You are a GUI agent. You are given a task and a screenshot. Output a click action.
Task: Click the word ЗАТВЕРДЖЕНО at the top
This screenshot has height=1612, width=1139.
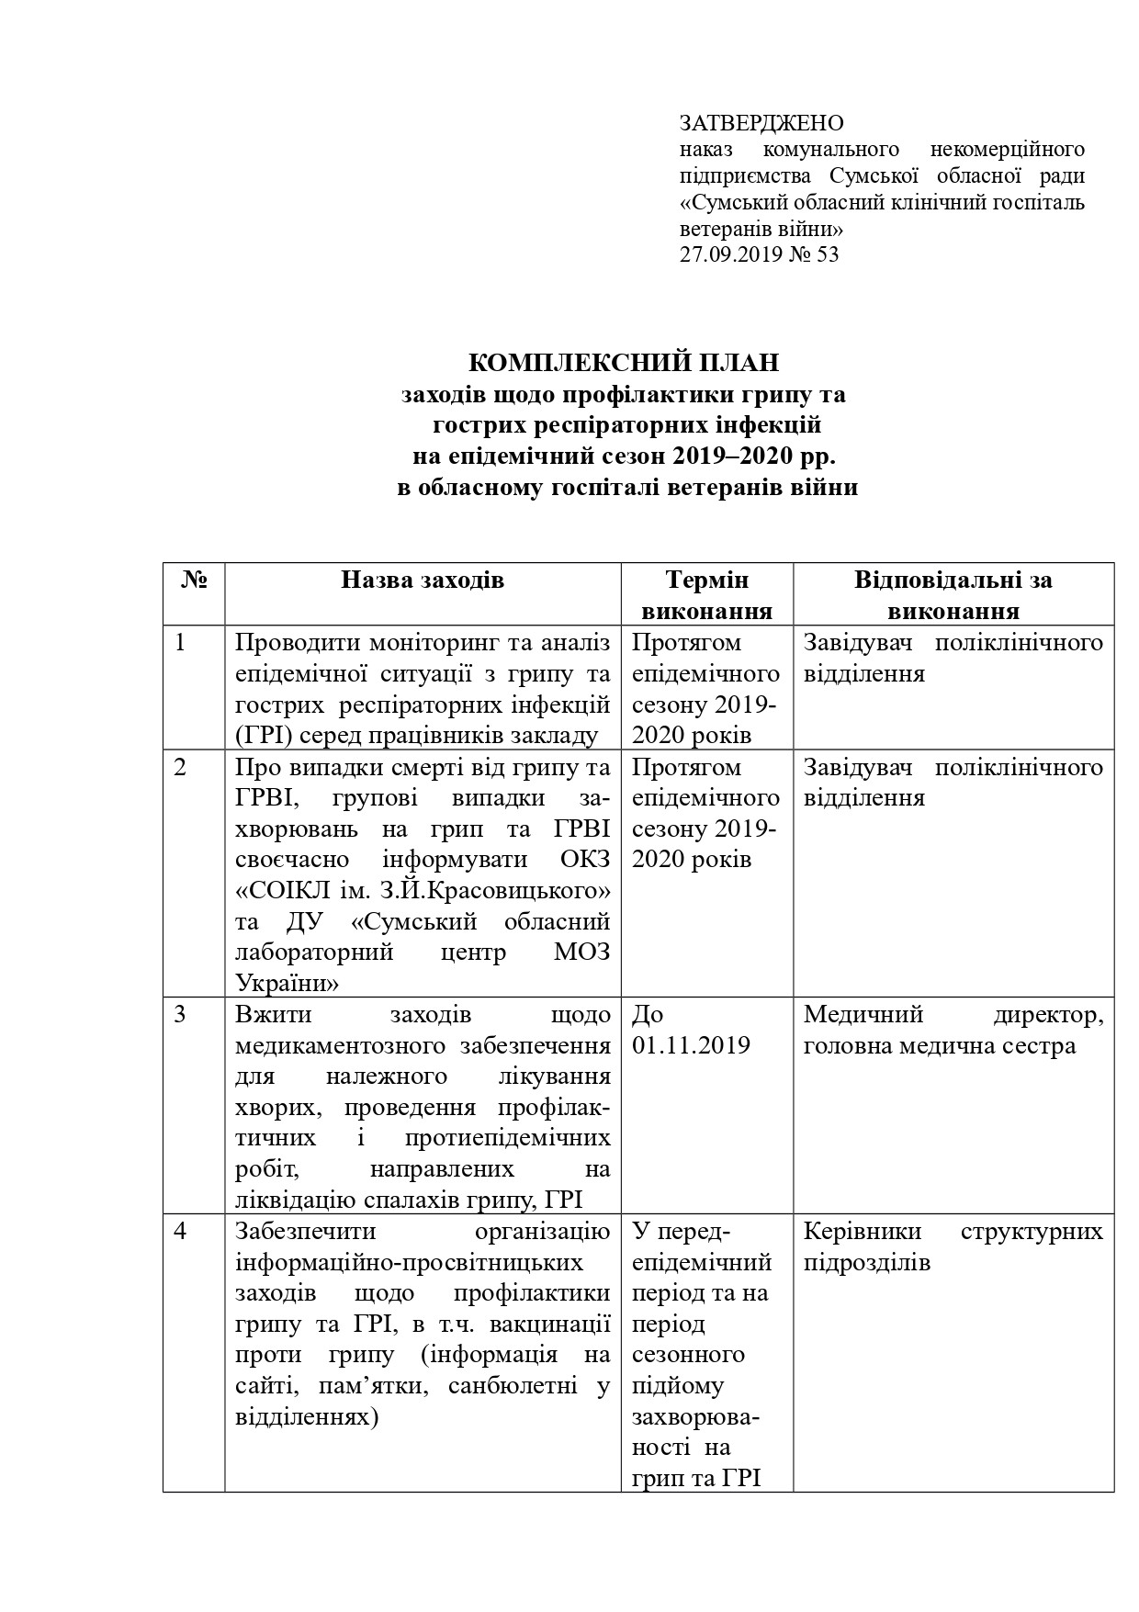point(761,123)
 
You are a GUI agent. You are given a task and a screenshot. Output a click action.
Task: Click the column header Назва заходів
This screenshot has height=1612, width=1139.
point(423,580)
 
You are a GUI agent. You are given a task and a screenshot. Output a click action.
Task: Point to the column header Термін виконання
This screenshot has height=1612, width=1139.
point(706,595)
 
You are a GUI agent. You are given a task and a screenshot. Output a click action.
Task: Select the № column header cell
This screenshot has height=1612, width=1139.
point(194,580)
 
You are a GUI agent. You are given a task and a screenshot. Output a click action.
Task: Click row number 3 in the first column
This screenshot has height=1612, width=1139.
point(180,1015)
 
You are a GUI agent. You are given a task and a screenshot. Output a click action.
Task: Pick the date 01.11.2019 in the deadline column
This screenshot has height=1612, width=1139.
point(691,1045)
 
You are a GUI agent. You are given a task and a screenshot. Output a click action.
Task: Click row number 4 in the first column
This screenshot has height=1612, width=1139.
point(180,1231)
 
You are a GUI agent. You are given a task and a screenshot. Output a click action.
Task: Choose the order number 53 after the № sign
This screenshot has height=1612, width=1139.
point(827,254)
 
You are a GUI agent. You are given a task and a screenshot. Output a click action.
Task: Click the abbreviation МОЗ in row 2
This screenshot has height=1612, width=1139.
point(582,953)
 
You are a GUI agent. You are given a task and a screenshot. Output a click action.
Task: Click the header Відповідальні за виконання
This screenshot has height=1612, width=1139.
point(953,595)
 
